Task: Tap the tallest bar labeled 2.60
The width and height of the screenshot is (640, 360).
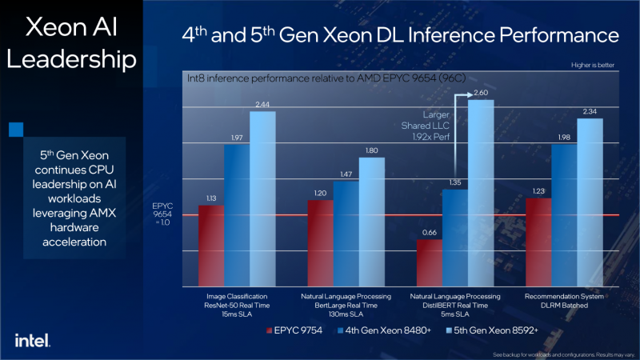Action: click(481, 192)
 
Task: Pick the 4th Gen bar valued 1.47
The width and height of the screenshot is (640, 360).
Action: click(346, 233)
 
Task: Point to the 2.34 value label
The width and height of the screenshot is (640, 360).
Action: click(590, 112)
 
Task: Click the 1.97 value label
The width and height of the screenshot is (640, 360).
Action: click(237, 138)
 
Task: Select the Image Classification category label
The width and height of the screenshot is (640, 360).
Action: click(237, 297)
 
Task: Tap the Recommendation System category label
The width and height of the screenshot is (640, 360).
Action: click(564, 297)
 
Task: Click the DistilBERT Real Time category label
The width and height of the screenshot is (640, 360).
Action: click(455, 306)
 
